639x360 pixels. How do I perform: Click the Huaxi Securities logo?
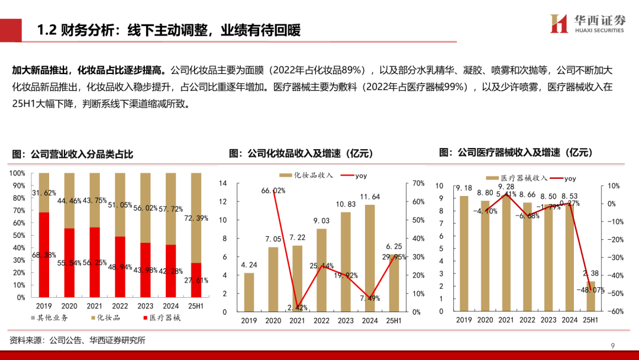[x=586, y=24]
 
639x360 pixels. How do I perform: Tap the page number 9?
[x=613, y=346]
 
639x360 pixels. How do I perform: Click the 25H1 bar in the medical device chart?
[x=590, y=295]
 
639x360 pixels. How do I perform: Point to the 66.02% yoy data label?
[x=274, y=191]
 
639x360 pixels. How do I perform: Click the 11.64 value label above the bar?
[x=369, y=197]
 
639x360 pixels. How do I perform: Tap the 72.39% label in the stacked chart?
[x=196, y=218]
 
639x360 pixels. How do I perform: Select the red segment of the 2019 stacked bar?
[x=44, y=255]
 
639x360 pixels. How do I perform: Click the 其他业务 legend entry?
[x=50, y=318]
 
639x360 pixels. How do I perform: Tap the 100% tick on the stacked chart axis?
[x=17, y=173]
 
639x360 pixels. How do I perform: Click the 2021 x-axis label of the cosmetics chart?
[x=297, y=320]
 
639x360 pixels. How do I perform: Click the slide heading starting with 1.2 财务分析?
[x=169, y=30]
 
